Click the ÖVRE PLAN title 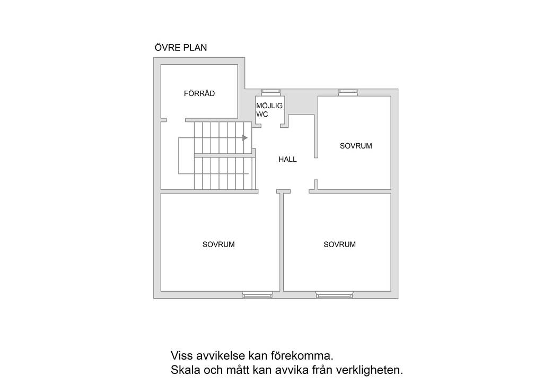pos(181,47)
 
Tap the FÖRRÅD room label pos(199,93)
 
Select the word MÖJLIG pos(269,106)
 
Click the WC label pos(262,114)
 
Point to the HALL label pos(287,159)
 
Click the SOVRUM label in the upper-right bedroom pos(356,146)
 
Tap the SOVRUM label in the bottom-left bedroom pos(218,245)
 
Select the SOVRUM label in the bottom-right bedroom pos(339,245)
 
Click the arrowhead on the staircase pos(245,138)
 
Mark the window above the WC pos(271,92)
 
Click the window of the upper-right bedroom pos(348,92)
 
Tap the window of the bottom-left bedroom pos(257,295)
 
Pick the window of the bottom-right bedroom pos(334,295)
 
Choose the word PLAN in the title pos(195,48)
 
